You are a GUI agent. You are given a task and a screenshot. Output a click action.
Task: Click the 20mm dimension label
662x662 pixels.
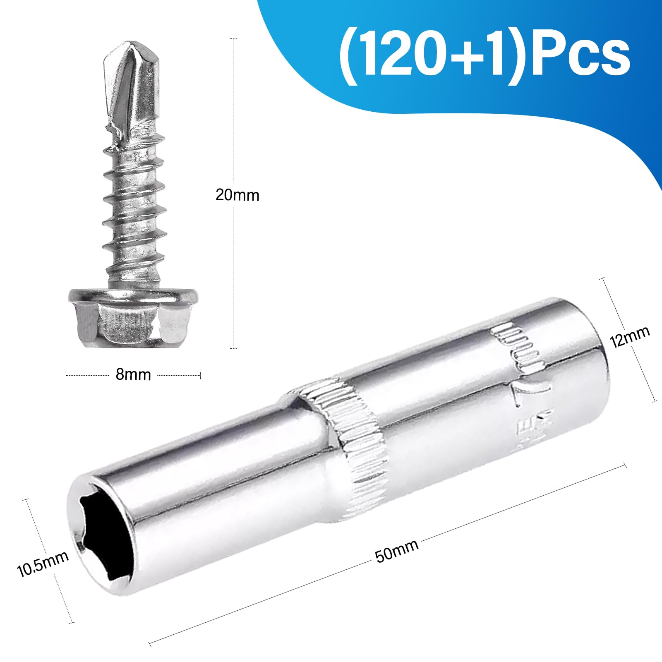coord(237,195)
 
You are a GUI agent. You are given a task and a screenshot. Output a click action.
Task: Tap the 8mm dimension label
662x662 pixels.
coord(133,375)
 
